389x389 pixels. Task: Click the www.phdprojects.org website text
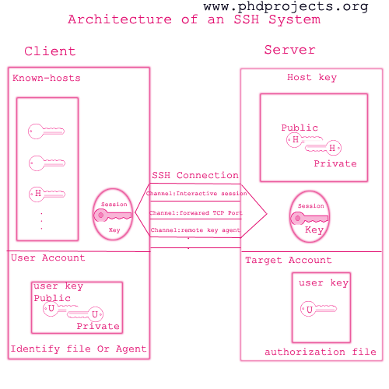point(286,7)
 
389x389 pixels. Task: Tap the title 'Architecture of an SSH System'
point(194,19)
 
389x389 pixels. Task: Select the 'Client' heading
point(50,51)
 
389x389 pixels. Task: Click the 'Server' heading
point(289,50)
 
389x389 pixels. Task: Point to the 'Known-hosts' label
point(47,78)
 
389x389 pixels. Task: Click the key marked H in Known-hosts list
point(47,194)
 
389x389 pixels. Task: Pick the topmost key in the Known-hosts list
point(46,131)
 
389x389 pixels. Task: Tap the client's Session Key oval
point(113,214)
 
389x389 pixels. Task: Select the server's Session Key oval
point(310,217)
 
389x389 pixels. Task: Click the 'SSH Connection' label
point(195,175)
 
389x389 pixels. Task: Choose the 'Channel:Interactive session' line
point(196,194)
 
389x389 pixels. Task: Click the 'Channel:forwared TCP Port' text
point(196,213)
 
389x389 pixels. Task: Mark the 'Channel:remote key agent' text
point(195,230)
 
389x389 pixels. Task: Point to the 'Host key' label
point(312,77)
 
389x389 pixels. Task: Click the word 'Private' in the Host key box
point(335,163)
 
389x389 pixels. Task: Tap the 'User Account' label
point(48,258)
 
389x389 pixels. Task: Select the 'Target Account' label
point(289,260)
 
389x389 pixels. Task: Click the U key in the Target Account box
point(318,309)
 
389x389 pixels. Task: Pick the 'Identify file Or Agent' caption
point(79,349)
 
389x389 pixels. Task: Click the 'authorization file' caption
point(321,352)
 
